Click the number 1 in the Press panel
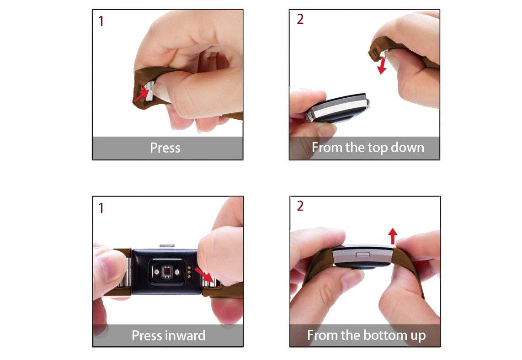coord(101,21)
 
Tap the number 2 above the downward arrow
coord(300,19)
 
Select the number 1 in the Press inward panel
coord(101,208)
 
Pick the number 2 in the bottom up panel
coord(300,206)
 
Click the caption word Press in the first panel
coord(165,148)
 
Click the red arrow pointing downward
coord(382,65)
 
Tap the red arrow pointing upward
coord(393,236)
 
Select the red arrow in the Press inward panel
coord(204,275)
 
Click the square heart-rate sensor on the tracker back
coord(166,272)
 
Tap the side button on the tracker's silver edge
coord(363,255)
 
